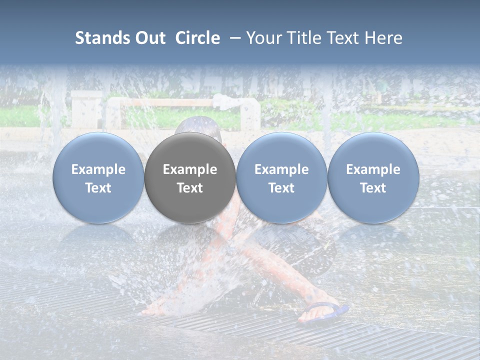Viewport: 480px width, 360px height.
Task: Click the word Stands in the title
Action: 98,38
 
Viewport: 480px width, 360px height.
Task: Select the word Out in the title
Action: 149,38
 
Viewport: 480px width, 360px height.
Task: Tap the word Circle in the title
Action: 197,38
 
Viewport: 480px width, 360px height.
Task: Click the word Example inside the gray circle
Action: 190,169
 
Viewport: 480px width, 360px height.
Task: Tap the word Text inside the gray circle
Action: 190,188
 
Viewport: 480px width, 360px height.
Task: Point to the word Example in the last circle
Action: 373,169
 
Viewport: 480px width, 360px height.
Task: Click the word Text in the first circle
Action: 98,188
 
